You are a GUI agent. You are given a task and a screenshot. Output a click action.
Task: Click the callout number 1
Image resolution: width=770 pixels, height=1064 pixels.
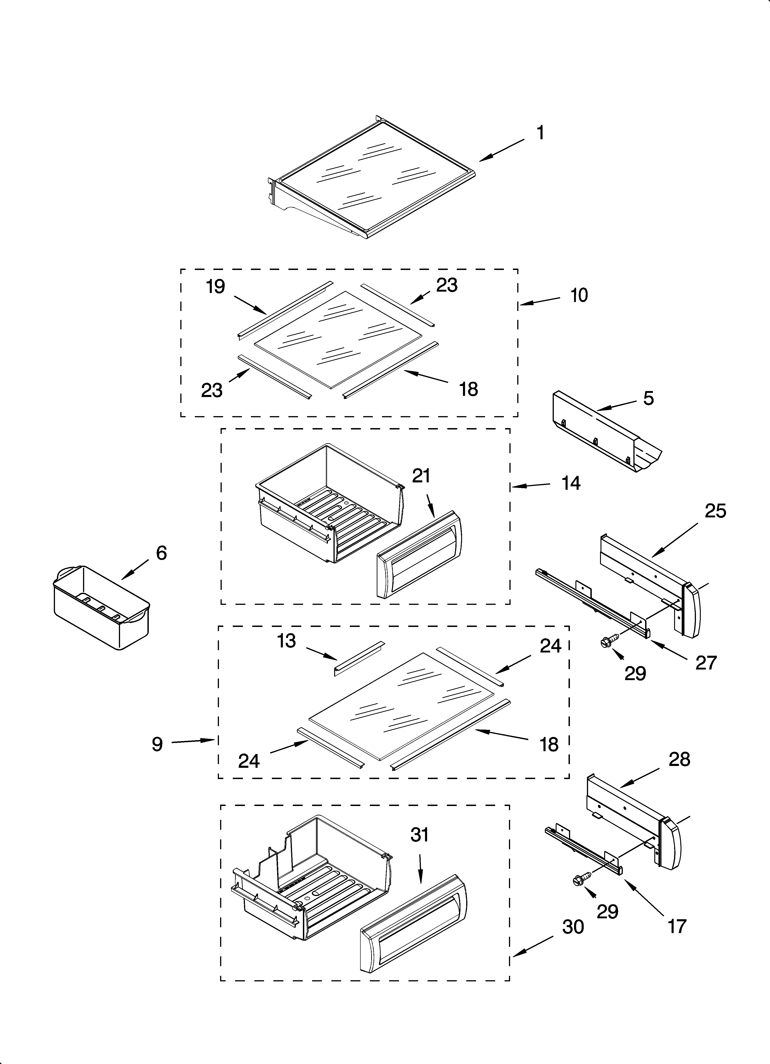pos(541,133)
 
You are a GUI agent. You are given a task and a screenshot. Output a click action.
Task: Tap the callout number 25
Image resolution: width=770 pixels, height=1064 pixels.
pos(715,511)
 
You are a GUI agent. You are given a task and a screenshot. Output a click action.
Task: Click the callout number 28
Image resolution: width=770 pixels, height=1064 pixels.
pos(679,759)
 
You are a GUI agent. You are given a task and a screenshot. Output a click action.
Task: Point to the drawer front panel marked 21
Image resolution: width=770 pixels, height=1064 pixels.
pos(419,556)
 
